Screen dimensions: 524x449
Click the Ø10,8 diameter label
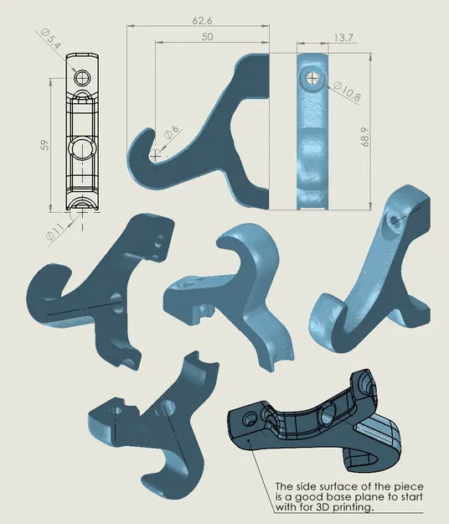(x=347, y=95)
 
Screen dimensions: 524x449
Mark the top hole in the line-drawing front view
(x=82, y=77)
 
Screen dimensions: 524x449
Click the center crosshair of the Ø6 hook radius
(x=155, y=156)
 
